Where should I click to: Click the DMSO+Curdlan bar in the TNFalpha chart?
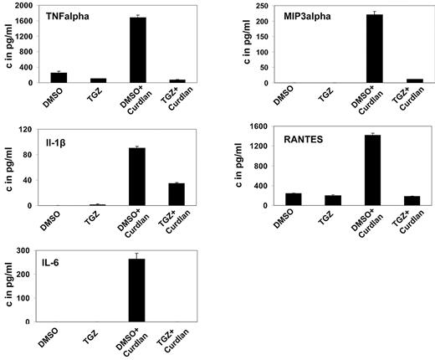(137, 50)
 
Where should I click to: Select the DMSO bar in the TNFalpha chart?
(59, 78)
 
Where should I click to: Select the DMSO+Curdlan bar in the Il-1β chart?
(137, 177)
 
